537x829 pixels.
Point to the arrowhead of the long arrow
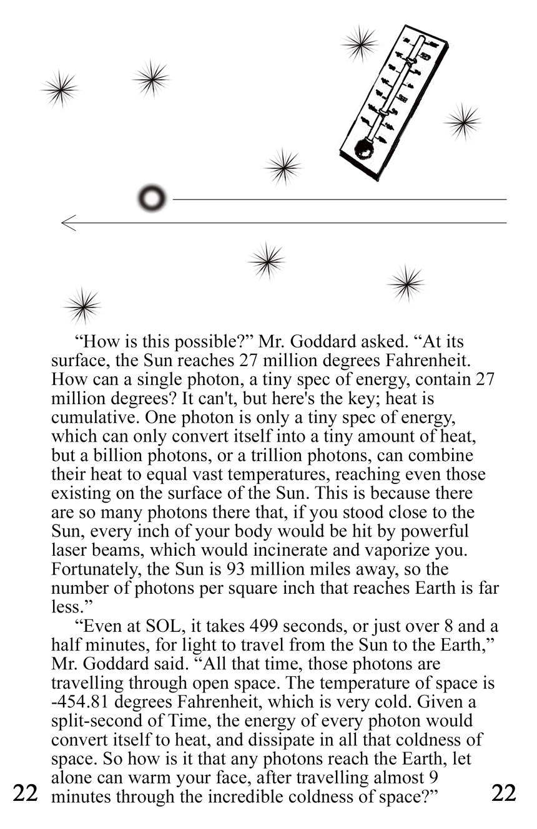pyautogui.click(x=67, y=223)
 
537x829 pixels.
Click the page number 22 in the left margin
pyautogui.click(x=26, y=793)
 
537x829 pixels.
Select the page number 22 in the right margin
pyautogui.click(x=504, y=793)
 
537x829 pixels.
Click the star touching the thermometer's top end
pyautogui.click(x=360, y=44)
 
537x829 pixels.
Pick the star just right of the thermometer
pyautogui.click(x=462, y=121)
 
